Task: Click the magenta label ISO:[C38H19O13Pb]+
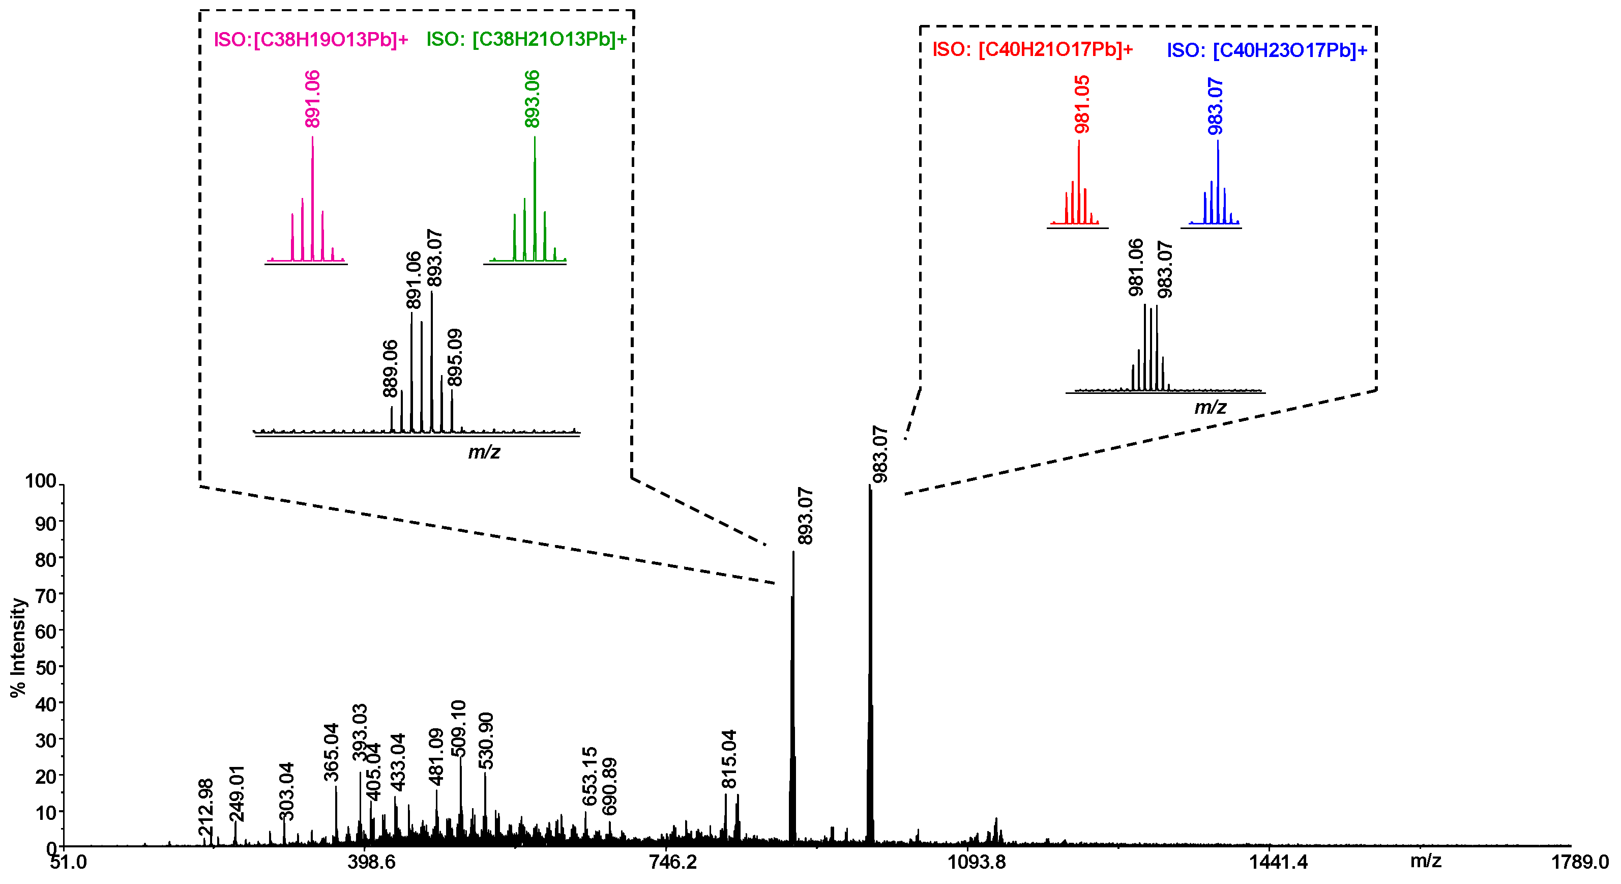311,40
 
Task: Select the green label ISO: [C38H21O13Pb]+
527,39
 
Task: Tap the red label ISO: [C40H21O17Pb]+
1033,50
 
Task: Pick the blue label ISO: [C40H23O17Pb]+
1268,50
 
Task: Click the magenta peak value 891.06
313,99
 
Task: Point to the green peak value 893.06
533,99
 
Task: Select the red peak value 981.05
1082,104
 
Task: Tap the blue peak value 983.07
1216,106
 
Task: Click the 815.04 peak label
729,759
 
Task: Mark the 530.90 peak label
486,740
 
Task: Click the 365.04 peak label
332,752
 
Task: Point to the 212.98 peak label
207,808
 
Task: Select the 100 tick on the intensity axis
40,481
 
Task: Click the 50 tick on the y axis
45,667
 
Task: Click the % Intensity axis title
18,648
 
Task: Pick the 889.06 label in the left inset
391,368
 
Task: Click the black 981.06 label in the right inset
1136,267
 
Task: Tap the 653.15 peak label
590,776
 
